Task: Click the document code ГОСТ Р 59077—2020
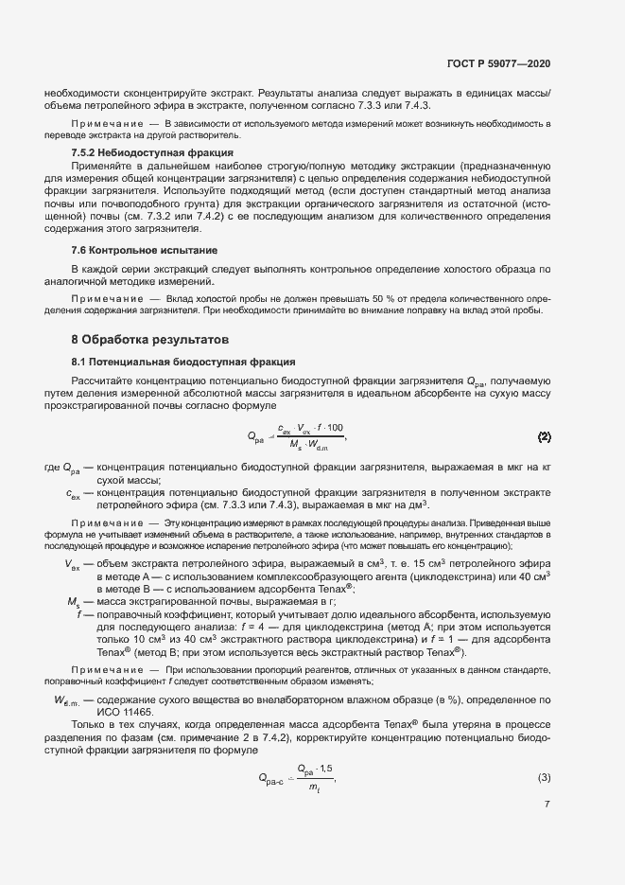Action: coord(499,62)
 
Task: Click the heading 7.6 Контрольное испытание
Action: coord(145,250)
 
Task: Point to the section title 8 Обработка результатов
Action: coord(149,339)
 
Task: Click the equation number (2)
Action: coord(545,436)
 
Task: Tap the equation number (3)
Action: coord(545,778)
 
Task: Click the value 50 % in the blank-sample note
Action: coord(330,298)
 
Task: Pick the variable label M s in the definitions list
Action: coord(74,602)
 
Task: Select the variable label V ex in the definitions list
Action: coord(73,566)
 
